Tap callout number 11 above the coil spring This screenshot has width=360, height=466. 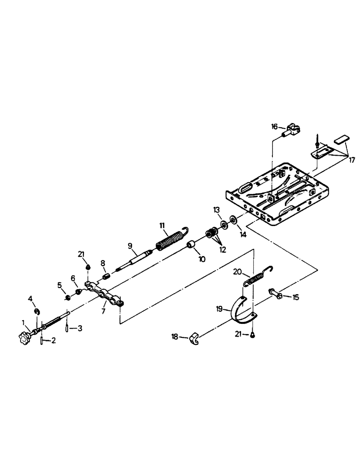[x=162, y=225]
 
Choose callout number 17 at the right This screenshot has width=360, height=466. [x=352, y=160]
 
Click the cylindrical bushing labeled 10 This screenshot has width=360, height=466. [x=190, y=246]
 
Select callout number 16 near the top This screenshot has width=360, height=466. [x=274, y=126]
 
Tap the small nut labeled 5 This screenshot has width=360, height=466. [x=68, y=297]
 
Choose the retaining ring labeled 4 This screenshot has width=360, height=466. [x=36, y=312]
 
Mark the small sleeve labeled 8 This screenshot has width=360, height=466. [x=105, y=276]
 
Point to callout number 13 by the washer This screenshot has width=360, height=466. [x=216, y=211]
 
